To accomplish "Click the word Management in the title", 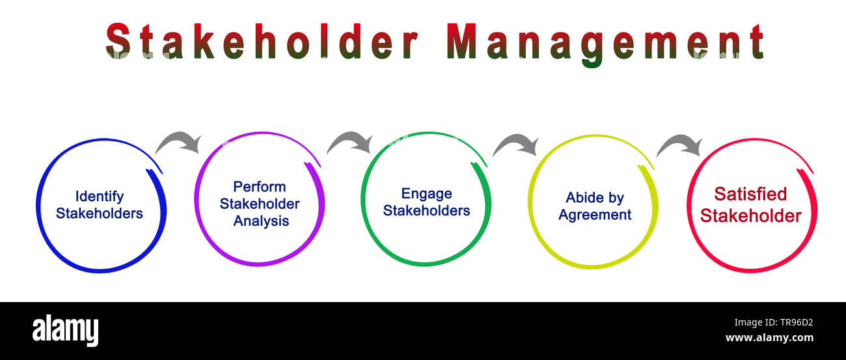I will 605,42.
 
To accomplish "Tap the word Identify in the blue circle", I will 99,196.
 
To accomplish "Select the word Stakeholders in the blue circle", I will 99,213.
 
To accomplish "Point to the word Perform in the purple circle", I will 260,187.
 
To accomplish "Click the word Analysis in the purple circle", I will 261,221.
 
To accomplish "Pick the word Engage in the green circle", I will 426,193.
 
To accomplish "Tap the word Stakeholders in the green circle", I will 426,210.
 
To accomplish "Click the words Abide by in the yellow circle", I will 594,198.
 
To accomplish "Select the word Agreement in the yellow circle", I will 594,215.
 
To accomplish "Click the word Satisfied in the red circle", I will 750,194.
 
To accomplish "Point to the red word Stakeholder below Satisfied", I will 750,215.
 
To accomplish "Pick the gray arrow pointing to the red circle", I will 679,146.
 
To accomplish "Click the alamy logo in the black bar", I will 65,330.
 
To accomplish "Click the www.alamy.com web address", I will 769,338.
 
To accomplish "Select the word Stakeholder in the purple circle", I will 260,204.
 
